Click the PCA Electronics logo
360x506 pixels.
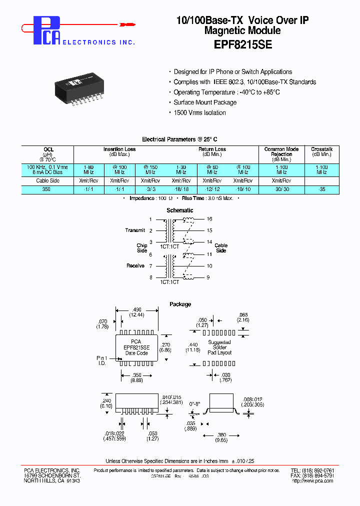point(48,31)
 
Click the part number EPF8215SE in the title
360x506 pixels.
point(242,43)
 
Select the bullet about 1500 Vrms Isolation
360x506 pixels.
point(199,112)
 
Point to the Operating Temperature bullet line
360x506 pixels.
point(226,92)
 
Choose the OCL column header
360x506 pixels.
point(48,149)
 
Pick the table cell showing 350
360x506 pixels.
point(47,190)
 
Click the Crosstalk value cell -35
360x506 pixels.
point(321,190)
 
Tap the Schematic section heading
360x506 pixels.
point(180,210)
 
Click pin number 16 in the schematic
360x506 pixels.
point(210,219)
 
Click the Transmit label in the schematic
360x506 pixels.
point(135,230)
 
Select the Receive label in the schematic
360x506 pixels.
point(135,266)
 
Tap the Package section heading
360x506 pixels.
point(180,304)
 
